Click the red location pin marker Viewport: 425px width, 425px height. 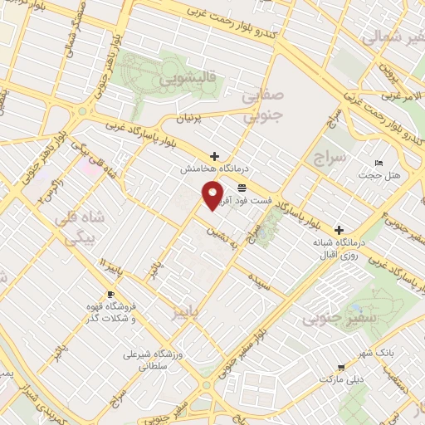click(x=213, y=197)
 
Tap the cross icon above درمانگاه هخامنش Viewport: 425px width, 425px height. click(x=215, y=156)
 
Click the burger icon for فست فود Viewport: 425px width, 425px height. click(x=242, y=188)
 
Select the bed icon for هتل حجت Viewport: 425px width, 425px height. click(x=379, y=163)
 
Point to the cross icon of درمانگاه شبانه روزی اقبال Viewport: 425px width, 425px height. click(x=339, y=229)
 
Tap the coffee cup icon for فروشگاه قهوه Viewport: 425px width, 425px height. click(x=110, y=295)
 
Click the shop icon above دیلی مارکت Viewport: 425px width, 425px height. click(x=340, y=367)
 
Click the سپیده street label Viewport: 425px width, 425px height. click(x=258, y=281)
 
